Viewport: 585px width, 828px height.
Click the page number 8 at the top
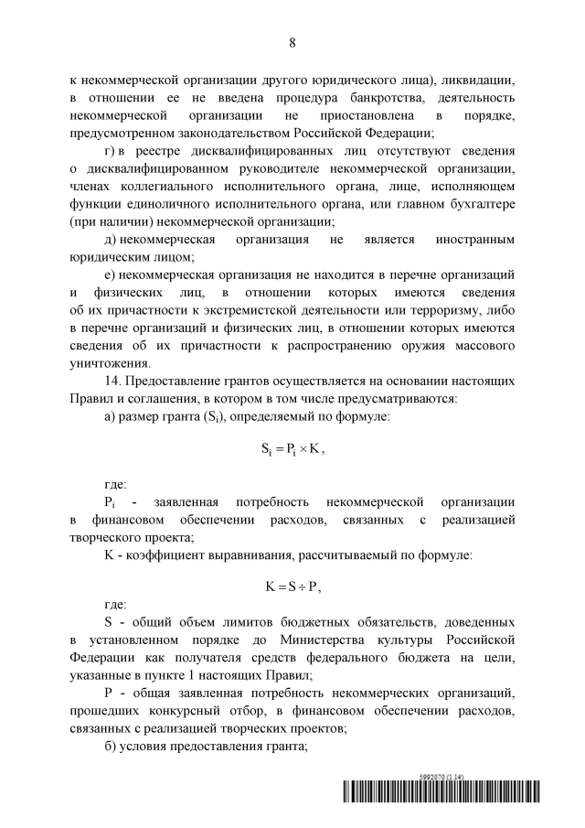[x=292, y=43]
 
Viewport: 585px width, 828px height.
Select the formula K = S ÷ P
[x=292, y=586]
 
